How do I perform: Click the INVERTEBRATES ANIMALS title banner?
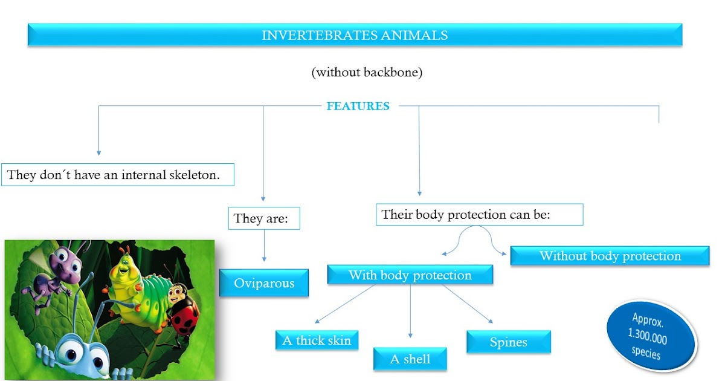355,35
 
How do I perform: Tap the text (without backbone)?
367,73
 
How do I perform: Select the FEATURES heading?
358,106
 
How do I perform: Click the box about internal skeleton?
117,175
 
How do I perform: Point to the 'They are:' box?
263,218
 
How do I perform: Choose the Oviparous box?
263,283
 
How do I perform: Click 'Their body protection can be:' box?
478,214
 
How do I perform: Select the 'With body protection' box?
410,275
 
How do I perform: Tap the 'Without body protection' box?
610,256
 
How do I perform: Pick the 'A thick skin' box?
316,340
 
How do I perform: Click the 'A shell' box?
410,359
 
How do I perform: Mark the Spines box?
508,342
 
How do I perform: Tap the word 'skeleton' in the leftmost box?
188,175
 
